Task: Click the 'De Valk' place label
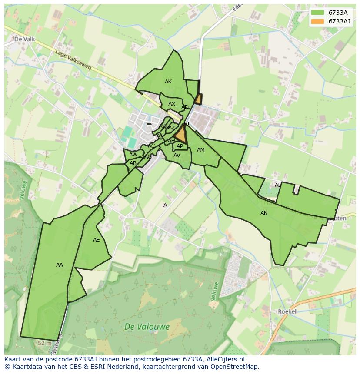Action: (x=24, y=39)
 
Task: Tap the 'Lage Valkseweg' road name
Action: (x=73, y=60)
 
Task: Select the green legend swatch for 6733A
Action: (x=317, y=13)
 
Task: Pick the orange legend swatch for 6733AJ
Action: (x=317, y=21)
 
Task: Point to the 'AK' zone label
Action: (x=168, y=82)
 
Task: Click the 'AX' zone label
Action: (x=172, y=104)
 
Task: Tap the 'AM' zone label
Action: (x=200, y=150)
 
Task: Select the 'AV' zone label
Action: (x=177, y=156)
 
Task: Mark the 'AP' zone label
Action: (x=180, y=146)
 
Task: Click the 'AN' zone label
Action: (x=264, y=213)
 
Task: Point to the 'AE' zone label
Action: (x=97, y=240)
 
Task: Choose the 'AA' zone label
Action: (x=60, y=265)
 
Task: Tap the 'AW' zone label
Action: (x=133, y=155)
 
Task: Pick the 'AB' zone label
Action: (x=133, y=163)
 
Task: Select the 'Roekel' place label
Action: (x=287, y=312)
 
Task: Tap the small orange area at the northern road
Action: (x=198, y=99)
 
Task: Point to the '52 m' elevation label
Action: (x=44, y=343)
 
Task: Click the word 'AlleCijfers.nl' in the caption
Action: (x=227, y=359)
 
